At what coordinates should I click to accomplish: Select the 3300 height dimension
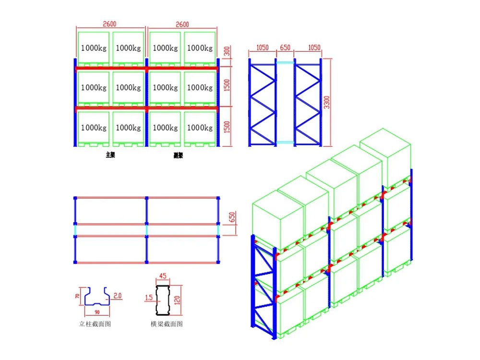point(326,102)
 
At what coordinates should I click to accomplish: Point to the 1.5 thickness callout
point(149,298)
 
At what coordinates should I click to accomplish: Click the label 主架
point(110,155)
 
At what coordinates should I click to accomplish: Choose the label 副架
point(179,155)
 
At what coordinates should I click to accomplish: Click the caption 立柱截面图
point(96,324)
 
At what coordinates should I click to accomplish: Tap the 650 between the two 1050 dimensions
point(285,48)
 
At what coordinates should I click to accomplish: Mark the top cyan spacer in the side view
point(285,62)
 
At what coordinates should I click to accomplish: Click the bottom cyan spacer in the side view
point(285,142)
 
